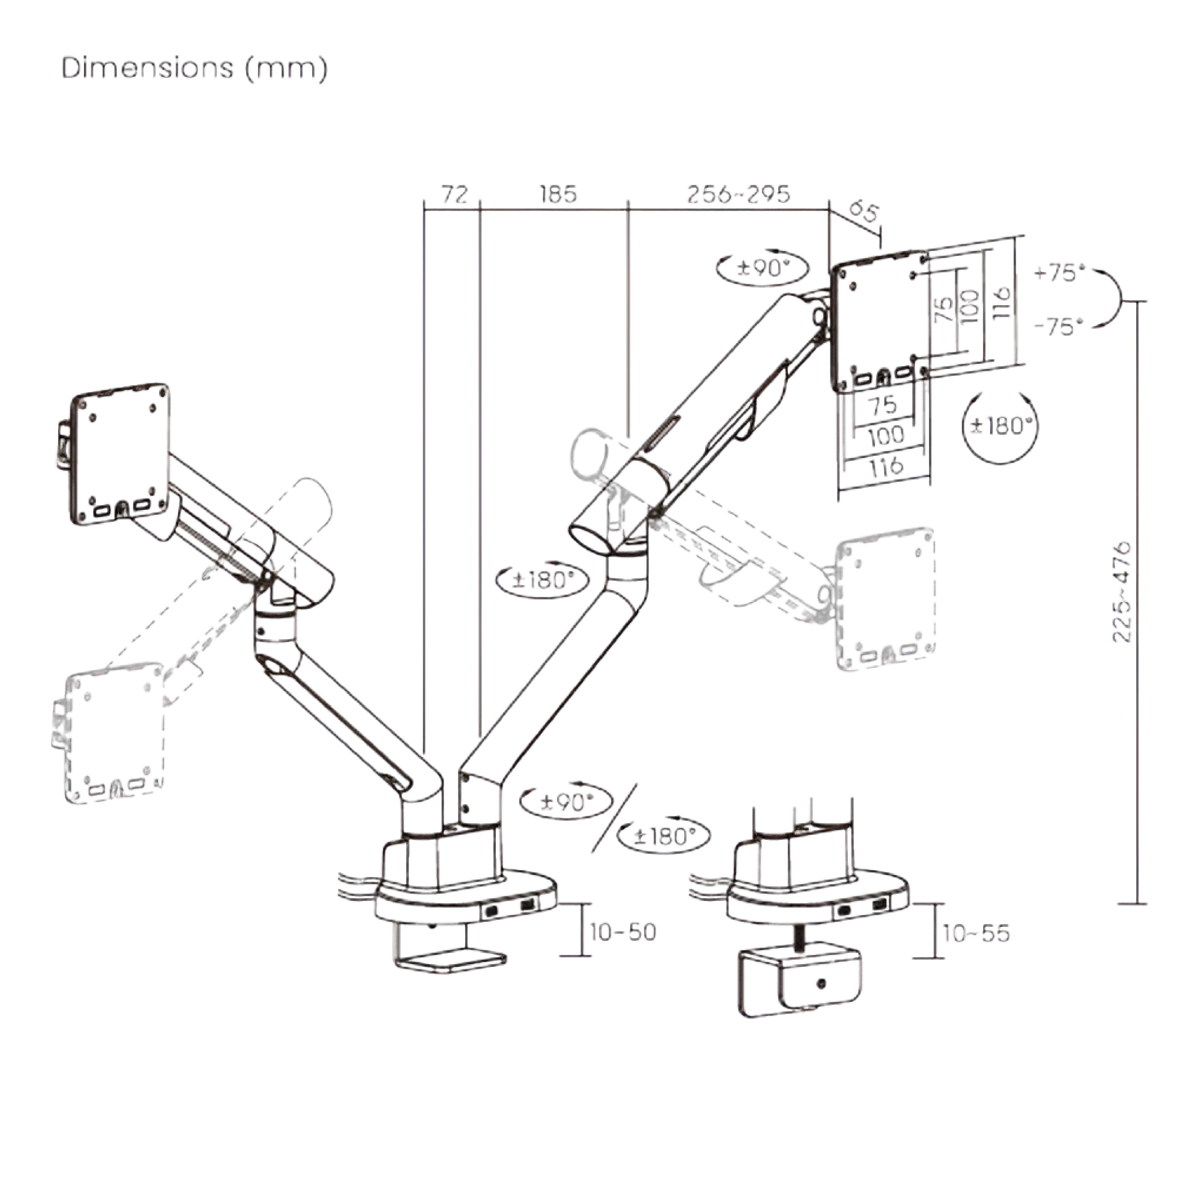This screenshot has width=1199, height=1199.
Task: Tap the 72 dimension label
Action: point(454,195)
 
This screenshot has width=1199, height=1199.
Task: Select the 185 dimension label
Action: point(558,195)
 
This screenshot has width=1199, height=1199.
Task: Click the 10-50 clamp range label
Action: point(622,932)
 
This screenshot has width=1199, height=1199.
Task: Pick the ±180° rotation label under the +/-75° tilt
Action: point(1000,426)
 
